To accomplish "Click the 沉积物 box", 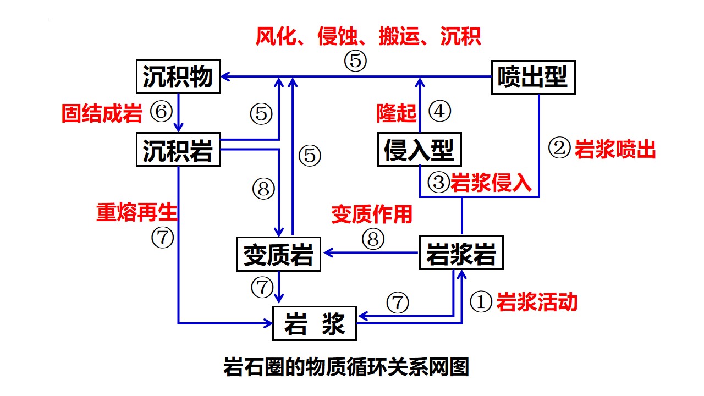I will pyautogui.click(x=178, y=76).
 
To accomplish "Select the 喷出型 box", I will pyautogui.click(x=532, y=77).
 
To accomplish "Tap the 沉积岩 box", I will pyautogui.click(x=178, y=150).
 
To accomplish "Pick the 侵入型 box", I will pyautogui.click(x=419, y=150).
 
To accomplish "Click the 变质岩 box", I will pyautogui.click(x=278, y=254).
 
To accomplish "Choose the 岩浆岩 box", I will pyautogui.click(x=461, y=253).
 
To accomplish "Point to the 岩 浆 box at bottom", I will pyautogui.click(x=315, y=323).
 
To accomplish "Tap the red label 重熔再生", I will pyautogui.click(x=137, y=211).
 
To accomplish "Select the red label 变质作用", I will pyautogui.click(x=372, y=215).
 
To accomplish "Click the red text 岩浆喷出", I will pyautogui.click(x=615, y=149).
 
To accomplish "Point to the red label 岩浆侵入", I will pyautogui.click(x=491, y=183).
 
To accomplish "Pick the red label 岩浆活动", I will pyautogui.click(x=537, y=301).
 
